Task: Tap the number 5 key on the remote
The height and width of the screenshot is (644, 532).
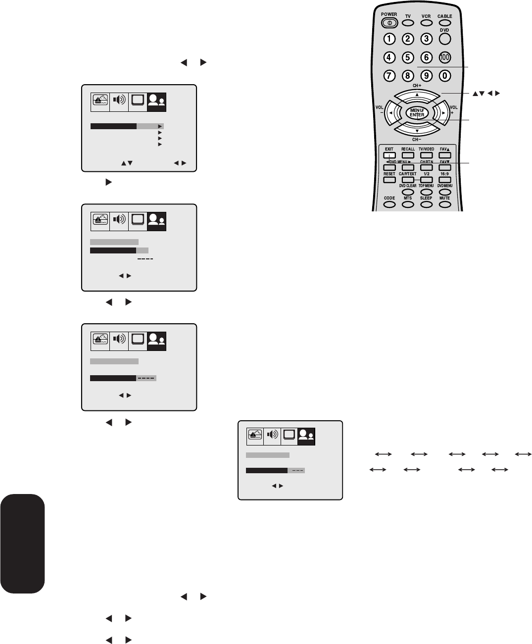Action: (408, 57)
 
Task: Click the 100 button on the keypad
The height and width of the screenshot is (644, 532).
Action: (445, 57)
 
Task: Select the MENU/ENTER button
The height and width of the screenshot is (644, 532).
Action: (417, 113)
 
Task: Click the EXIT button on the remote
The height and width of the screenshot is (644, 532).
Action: (389, 155)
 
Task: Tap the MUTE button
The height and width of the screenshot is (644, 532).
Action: (445, 204)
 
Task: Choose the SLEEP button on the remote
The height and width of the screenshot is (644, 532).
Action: (426, 204)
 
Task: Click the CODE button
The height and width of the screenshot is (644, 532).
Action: (389, 204)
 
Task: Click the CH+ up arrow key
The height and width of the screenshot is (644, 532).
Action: (417, 95)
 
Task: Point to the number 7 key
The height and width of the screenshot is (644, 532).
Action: (389, 76)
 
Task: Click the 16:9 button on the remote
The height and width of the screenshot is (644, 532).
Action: (445, 180)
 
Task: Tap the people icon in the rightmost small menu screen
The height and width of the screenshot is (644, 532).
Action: (306, 436)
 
